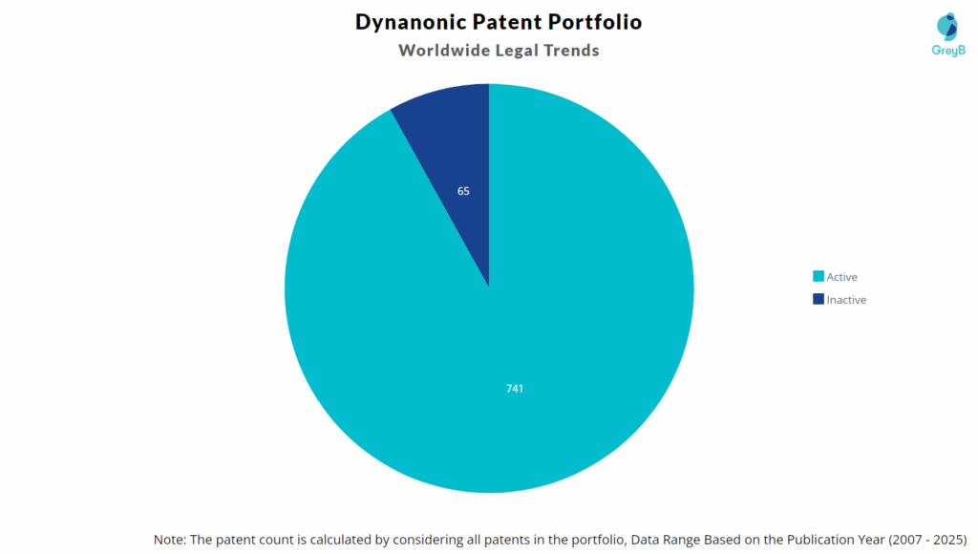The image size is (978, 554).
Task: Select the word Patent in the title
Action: [x=507, y=21]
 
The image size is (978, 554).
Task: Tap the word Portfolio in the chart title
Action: [x=595, y=21]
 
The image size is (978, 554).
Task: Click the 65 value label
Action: [x=463, y=191]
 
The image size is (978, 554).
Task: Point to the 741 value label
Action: [x=515, y=389]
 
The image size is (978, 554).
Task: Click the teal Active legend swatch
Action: [x=818, y=277]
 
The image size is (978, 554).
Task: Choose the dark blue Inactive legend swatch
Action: [x=818, y=299]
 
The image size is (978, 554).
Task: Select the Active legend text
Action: [x=842, y=277]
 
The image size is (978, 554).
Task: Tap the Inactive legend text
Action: [x=846, y=300]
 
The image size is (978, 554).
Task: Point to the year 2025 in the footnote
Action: [x=950, y=540]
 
